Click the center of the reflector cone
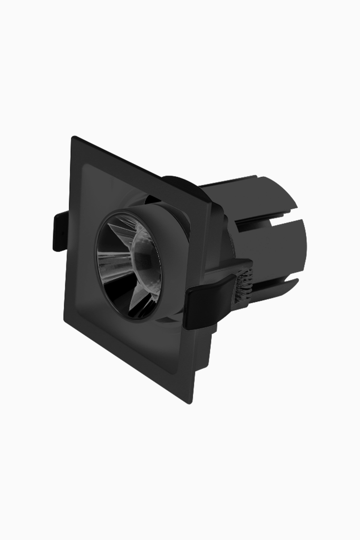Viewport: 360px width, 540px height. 129,264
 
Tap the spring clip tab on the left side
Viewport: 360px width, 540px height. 60,231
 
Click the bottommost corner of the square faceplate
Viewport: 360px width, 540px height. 190,402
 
